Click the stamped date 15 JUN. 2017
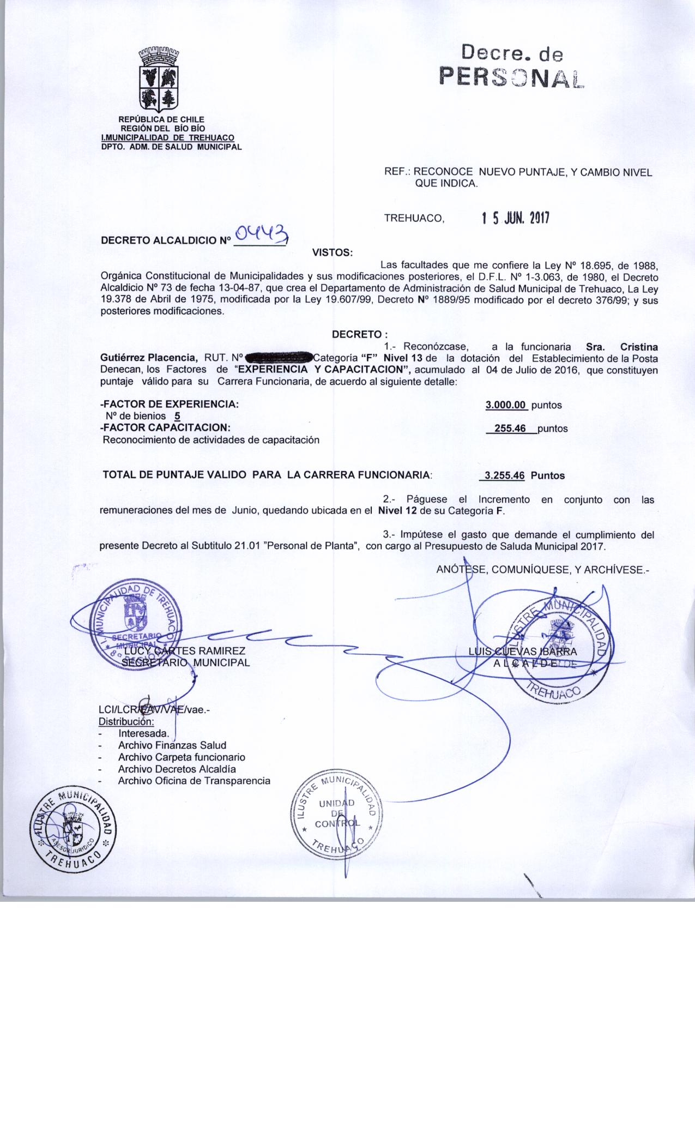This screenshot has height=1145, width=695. click(x=515, y=219)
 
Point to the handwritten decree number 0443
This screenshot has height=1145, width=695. click(x=260, y=234)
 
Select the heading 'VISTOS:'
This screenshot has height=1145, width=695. click(x=332, y=252)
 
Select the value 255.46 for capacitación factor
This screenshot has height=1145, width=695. click(x=510, y=429)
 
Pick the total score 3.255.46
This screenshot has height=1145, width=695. click(x=505, y=475)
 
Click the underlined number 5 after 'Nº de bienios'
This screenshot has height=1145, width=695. click(x=177, y=417)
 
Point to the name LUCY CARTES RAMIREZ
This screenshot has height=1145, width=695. click(x=185, y=650)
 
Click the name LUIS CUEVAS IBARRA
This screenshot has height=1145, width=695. click(x=522, y=650)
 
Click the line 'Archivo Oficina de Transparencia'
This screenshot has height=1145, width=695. click(x=194, y=780)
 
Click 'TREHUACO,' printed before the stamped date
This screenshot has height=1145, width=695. click(x=414, y=219)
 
